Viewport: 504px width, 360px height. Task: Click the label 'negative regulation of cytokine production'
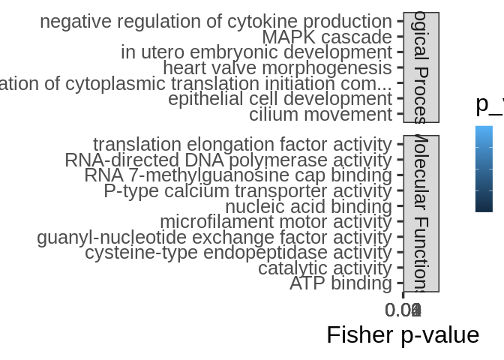click(215, 22)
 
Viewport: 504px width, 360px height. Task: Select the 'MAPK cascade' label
click(326, 37)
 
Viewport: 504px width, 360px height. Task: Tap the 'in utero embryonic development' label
click(256, 52)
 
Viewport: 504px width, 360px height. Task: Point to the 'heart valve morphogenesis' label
click(277, 68)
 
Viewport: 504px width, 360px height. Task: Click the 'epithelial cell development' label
click(280, 99)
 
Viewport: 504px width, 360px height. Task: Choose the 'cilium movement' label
click(320, 115)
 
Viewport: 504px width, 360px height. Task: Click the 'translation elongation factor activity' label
click(242, 144)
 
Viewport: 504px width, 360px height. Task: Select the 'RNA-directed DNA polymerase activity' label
click(228, 160)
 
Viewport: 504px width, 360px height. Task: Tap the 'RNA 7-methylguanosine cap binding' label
click(238, 175)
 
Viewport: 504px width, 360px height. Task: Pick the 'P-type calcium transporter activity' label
click(247, 191)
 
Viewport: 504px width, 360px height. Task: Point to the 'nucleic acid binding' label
click(308, 206)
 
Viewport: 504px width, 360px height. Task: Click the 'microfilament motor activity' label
click(275, 222)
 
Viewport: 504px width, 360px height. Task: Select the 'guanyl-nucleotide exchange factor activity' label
click(214, 238)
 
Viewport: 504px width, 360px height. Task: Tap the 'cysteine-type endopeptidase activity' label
click(238, 253)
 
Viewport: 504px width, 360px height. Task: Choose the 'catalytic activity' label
click(325, 268)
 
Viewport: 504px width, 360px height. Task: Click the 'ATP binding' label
click(340, 283)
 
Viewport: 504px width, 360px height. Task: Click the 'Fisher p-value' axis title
click(403, 334)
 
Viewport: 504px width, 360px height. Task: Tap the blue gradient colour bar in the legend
click(484, 169)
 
